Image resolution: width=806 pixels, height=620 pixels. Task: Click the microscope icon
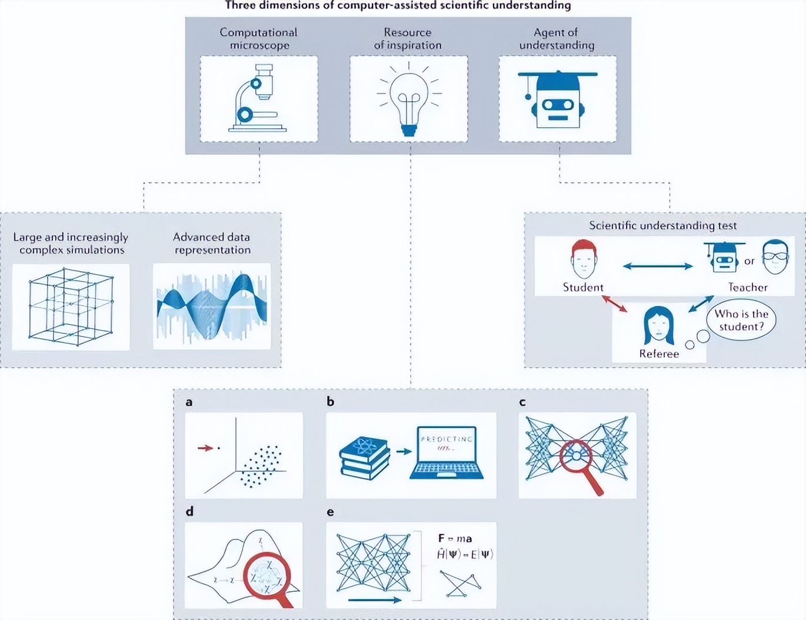[258, 99]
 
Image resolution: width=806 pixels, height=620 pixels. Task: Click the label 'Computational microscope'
[259, 39]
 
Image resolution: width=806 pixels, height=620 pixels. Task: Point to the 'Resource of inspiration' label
[408, 39]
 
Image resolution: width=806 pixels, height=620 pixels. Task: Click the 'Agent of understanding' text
[557, 39]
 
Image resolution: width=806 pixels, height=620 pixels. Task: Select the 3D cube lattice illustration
[71, 306]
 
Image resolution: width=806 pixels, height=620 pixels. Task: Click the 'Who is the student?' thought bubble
[741, 320]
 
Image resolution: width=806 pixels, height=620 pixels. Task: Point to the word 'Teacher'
[748, 288]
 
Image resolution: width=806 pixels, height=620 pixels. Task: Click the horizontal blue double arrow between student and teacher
[658, 266]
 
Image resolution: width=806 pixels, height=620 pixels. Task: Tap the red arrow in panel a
[205, 448]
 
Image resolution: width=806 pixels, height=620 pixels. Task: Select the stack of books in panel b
[365, 458]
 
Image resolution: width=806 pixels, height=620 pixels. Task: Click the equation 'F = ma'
[455, 538]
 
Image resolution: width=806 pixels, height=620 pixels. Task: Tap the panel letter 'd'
[189, 511]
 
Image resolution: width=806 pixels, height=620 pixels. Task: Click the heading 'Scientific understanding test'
[663, 225]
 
